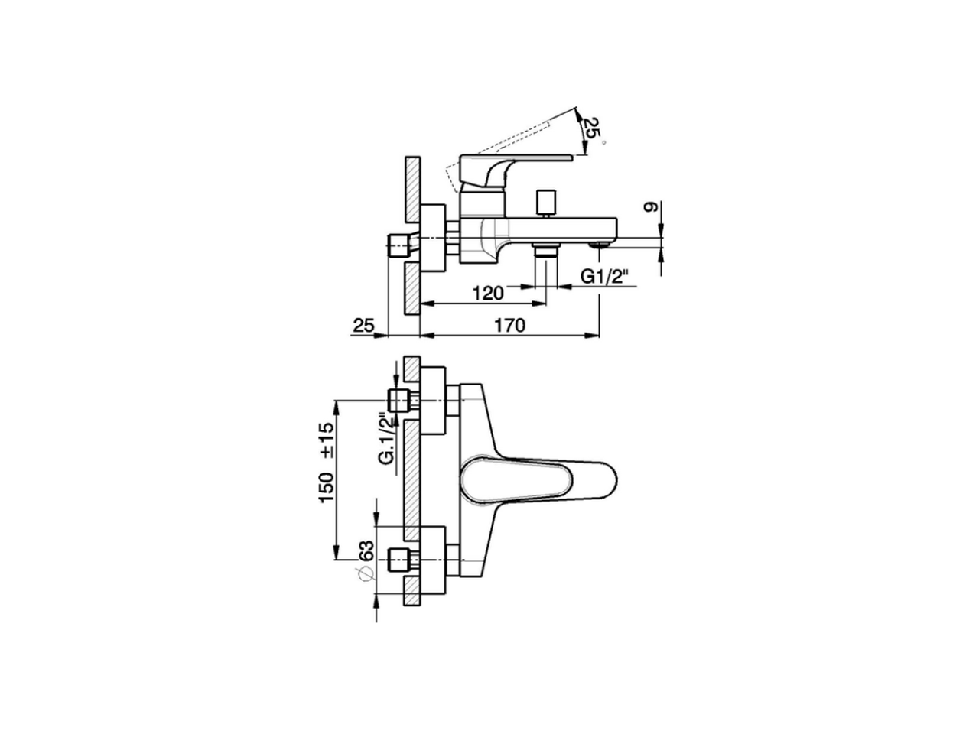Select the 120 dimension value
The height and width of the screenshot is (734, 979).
click(488, 292)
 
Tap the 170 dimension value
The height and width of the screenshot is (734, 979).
click(509, 326)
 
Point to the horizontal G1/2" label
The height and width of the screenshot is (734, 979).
click(609, 276)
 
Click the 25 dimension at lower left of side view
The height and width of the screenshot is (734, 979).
click(363, 326)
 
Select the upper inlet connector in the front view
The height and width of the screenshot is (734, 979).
click(399, 400)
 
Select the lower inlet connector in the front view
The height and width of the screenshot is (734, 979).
click(399, 559)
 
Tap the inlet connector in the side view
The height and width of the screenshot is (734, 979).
click(399, 247)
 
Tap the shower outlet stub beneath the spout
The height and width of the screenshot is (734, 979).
click(546, 252)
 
